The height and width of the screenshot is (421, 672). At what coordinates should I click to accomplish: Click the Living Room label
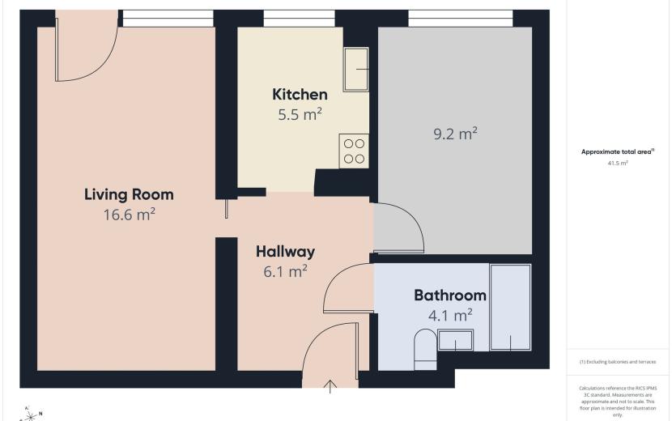(129, 194)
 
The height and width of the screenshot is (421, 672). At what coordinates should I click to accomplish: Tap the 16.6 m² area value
(129, 214)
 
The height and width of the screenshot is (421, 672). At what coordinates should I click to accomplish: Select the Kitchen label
(300, 94)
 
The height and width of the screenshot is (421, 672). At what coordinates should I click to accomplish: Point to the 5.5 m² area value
(300, 114)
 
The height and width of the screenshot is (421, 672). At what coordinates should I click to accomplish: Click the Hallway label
(286, 251)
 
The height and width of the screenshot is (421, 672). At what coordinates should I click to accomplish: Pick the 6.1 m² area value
(286, 271)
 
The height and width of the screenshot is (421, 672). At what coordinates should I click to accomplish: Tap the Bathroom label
(450, 295)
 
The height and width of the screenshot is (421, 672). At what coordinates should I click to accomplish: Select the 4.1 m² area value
(450, 316)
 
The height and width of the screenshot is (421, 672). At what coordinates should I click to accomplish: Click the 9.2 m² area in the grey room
(456, 134)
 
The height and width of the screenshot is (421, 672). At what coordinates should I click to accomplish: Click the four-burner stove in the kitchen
(354, 151)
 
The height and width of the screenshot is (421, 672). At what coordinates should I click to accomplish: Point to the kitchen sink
(356, 69)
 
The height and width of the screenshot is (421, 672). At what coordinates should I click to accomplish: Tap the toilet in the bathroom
(425, 350)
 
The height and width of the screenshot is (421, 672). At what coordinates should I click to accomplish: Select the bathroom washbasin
(456, 340)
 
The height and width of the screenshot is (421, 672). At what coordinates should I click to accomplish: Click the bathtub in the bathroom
(510, 308)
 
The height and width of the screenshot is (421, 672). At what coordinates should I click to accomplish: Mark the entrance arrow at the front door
(330, 386)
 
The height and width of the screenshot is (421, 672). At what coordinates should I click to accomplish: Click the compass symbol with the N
(31, 415)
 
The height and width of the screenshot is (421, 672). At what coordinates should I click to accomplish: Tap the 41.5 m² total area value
(618, 163)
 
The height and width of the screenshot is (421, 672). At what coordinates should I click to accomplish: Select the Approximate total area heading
(618, 151)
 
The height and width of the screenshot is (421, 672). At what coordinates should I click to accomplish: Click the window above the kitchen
(299, 19)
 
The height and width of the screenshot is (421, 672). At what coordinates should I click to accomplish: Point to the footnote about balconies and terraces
(618, 362)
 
